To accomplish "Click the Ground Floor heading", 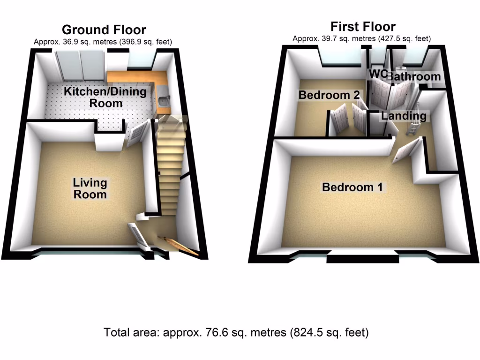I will pos(104,30).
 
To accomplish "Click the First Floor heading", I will pos(363,26).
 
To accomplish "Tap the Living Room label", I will pos(90,188).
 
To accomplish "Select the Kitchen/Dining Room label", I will pos(105,97).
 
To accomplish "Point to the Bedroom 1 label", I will pos(352,187).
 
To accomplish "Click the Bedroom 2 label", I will pos(329,95).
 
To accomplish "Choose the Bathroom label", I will pos(415,76).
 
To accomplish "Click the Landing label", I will pos(404,116).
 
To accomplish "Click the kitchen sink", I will pos(164,100).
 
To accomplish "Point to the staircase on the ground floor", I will pos(169,169).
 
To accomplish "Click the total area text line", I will pos(236,333).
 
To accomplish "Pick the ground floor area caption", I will pos(103,42).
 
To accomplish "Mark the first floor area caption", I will pos(361,38).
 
